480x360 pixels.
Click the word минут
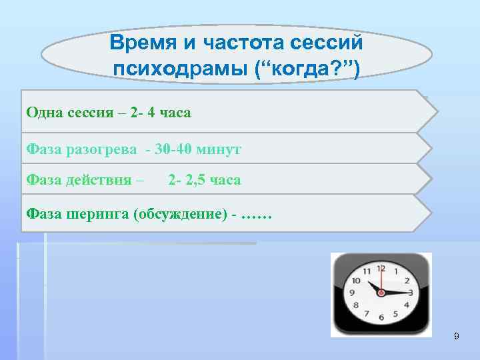(x=218, y=149)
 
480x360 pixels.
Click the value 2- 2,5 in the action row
(x=188, y=180)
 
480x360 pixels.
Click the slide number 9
(x=456, y=336)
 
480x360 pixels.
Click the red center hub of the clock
(x=381, y=292)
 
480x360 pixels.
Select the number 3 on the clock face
(x=411, y=293)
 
